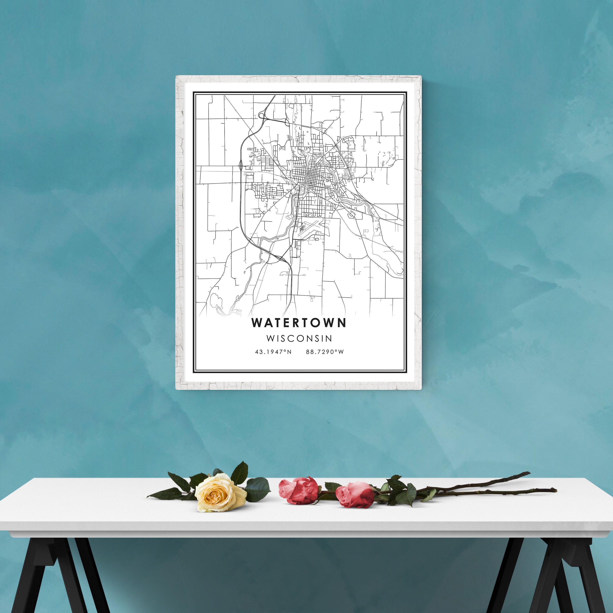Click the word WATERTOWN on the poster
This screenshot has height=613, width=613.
pos(299,323)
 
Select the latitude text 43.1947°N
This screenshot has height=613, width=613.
pos(273,352)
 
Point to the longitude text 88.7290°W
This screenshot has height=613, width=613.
pos(325,352)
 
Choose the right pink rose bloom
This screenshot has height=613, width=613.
pos(355,495)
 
